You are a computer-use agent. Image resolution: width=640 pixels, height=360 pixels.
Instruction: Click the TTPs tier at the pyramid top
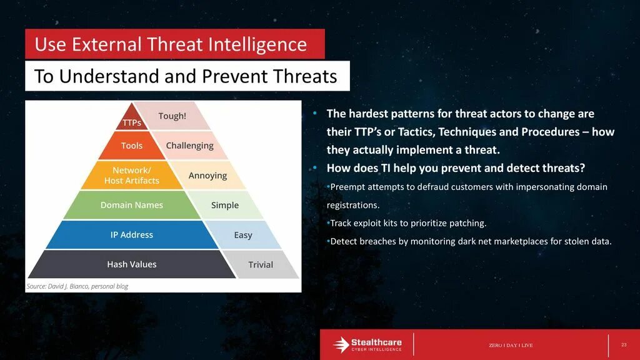pyautogui.click(x=131, y=119)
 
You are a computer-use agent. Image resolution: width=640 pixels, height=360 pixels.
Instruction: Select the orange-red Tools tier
pyautogui.click(x=131, y=145)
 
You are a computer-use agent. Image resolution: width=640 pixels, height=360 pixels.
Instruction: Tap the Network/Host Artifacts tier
pyautogui.click(x=131, y=175)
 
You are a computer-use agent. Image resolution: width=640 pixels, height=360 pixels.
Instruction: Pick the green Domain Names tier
pyautogui.click(x=131, y=205)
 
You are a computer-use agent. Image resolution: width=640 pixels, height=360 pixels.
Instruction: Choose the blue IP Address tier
pyautogui.click(x=131, y=235)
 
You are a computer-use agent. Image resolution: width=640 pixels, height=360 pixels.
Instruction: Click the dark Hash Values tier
pyautogui.click(x=131, y=264)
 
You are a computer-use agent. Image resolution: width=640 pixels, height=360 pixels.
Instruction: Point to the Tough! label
pyautogui.click(x=172, y=116)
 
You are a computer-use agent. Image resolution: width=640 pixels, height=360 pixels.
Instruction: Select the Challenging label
pyautogui.click(x=189, y=146)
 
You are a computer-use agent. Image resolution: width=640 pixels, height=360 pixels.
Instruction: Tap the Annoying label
pyautogui.click(x=207, y=176)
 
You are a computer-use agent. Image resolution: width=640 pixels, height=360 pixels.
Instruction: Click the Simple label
pyautogui.click(x=225, y=205)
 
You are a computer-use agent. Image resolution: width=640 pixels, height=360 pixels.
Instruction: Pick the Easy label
pyautogui.click(x=243, y=235)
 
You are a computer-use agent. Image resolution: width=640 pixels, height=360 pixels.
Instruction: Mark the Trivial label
pyautogui.click(x=261, y=264)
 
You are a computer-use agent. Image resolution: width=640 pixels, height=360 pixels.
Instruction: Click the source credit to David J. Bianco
pyautogui.click(x=77, y=286)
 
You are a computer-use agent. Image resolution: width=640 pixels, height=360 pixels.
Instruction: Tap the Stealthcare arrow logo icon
pyautogui.click(x=341, y=344)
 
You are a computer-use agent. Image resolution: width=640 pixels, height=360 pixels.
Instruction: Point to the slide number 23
pyautogui.click(x=624, y=345)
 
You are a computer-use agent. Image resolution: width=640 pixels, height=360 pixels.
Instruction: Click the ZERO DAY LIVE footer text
pyautogui.click(x=511, y=345)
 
